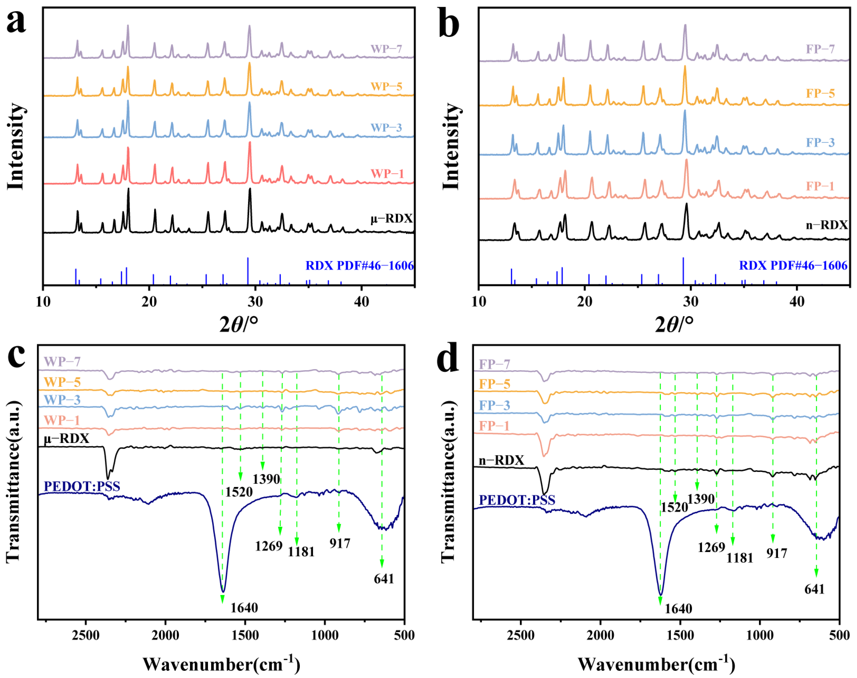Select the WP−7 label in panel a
click(386, 49)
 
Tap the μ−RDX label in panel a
click(391, 218)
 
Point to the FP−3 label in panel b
click(820, 143)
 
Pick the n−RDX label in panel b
click(826, 225)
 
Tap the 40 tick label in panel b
click(797, 302)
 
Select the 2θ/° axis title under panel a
click(238, 325)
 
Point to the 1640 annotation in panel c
click(244, 608)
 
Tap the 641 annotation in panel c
click(384, 579)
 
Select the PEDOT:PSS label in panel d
click(517, 500)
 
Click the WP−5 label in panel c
click(62, 382)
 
